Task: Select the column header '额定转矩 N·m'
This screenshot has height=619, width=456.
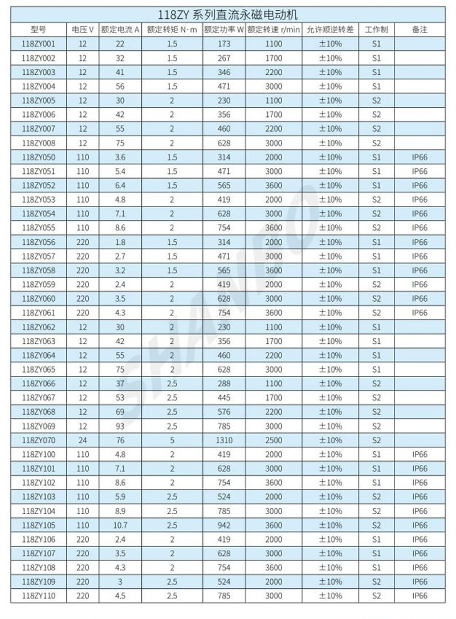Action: pos(172,30)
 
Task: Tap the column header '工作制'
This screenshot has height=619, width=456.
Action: pos(376,30)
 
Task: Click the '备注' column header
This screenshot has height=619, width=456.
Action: pos(420,30)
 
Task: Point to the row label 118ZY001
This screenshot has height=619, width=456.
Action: pos(38,44)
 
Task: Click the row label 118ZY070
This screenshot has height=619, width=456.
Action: pos(38,440)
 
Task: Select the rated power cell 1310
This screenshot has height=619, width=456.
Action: pos(224,440)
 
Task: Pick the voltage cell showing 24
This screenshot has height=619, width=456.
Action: pos(83,440)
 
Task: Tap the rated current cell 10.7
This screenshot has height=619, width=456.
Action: pos(120,525)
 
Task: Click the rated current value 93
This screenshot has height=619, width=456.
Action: pos(120,426)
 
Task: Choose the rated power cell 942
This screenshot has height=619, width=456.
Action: pos(224,525)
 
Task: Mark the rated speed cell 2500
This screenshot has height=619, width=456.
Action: pos(274,440)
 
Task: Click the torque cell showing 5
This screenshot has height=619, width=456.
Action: pos(172,440)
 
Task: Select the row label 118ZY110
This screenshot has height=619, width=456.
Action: pos(38,596)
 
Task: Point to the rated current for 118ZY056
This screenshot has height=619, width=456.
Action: pos(120,242)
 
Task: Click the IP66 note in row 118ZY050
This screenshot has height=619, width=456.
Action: pos(420,157)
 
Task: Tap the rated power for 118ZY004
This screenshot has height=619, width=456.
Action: pos(224,86)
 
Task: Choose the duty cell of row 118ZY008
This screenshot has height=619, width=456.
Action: pos(376,143)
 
